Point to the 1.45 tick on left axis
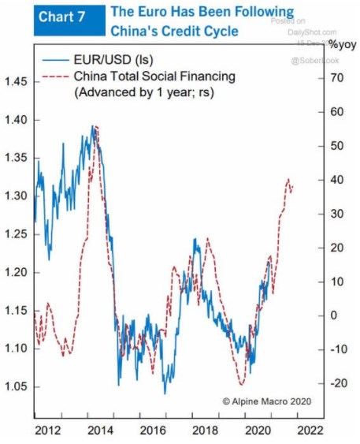pos(17,82)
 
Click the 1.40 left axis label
pos(17,120)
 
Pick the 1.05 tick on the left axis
pos(17,386)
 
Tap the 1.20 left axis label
pos(17,272)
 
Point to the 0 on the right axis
pos(334,315)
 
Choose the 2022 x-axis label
pos(310,431)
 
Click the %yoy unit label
pos(342,44)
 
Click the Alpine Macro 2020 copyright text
pos(269,401)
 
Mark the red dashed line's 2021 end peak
pos(288,180)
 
